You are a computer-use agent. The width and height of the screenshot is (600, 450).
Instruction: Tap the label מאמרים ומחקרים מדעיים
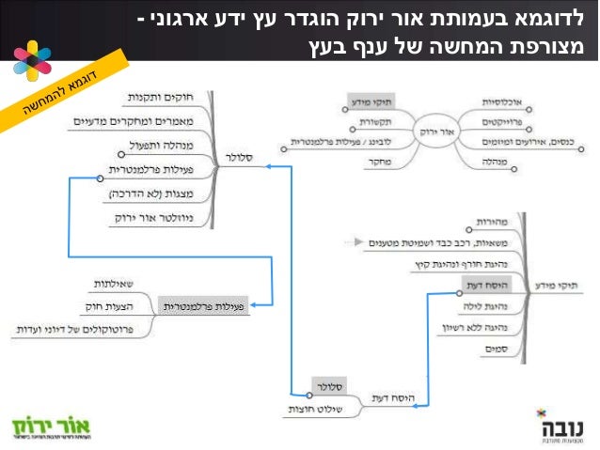pyautogui.click(x=156, y=121)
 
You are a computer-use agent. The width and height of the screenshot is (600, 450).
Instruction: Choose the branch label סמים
pyautogui.click(x=496, y=349)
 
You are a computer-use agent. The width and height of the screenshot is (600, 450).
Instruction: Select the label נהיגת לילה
pyautogui.click(x=488, y=306)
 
